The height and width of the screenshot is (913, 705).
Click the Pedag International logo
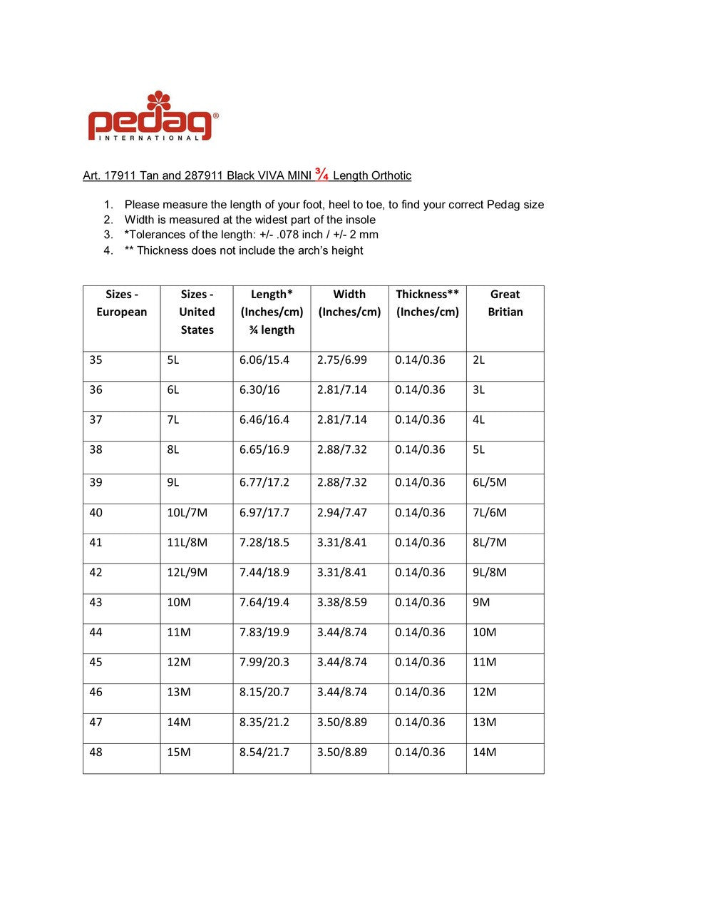[x=153, y=116]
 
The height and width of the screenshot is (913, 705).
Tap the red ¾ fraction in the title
[x=321, y=175]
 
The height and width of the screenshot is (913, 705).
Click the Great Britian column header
[x=505, y=303]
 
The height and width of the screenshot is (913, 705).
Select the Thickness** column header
[x=427, y=303]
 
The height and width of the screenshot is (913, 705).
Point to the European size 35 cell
[x=96, y=360]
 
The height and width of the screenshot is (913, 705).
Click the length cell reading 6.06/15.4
[x=264, y=360]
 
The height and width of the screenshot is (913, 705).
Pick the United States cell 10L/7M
[x=187, y=513]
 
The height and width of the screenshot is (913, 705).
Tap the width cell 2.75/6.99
[x=342, y=360]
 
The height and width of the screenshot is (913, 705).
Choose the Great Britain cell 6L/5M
[x=490, y=483]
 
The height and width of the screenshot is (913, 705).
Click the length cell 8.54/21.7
[x=264, y=753]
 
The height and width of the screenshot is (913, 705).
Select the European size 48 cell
[x=96, y=753]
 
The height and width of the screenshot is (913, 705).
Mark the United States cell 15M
[x=179, y=753]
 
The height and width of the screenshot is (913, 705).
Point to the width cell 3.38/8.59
[x=342, y=603]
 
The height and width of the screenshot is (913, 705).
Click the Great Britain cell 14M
[x=485, y=753]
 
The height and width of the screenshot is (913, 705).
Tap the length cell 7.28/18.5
[x=264, y=543]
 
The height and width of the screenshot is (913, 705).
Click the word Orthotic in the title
[x=392, y=176]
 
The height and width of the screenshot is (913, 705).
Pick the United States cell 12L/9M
[x=187, y=573]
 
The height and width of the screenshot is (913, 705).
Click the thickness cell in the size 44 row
[x=420, y=633]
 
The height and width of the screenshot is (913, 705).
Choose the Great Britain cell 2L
[x=479, y=360]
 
